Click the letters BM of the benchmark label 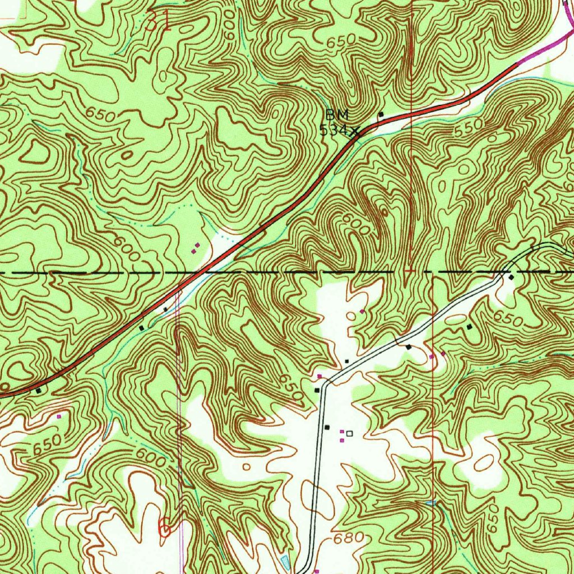337,115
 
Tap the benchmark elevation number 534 333,131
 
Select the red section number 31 158,22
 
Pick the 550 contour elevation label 469,128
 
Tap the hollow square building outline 350,433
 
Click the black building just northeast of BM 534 381,115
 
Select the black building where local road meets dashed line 511,277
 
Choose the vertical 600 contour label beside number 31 228,31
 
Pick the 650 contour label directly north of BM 341,39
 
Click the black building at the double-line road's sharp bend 317,390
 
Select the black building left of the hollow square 328,427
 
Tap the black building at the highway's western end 38,390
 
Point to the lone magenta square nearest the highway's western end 59,416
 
